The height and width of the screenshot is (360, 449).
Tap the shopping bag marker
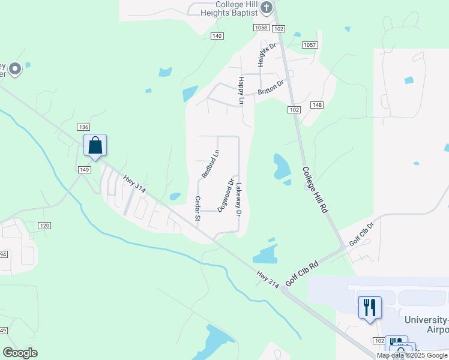point(95,145)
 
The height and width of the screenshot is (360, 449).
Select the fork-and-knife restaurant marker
point(370,307)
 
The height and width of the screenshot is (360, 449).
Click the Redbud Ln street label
point(207,164)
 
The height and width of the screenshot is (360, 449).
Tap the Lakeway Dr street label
point(239,199)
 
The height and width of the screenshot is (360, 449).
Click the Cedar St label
point(197,208)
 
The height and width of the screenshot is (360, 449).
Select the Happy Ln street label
point(241,91)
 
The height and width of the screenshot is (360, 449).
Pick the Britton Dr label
point(270,88)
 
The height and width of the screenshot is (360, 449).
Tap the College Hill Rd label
point(315,191)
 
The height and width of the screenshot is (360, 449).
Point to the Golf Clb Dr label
point(362,233)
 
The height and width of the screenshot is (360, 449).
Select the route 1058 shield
point(261,28)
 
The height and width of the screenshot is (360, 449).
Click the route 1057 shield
point(310,45)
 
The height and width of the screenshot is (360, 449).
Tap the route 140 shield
point(217,36)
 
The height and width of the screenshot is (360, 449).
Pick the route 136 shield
point(83,127)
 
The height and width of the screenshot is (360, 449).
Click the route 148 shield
point(317,105)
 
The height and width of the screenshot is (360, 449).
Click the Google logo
point(20,353)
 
